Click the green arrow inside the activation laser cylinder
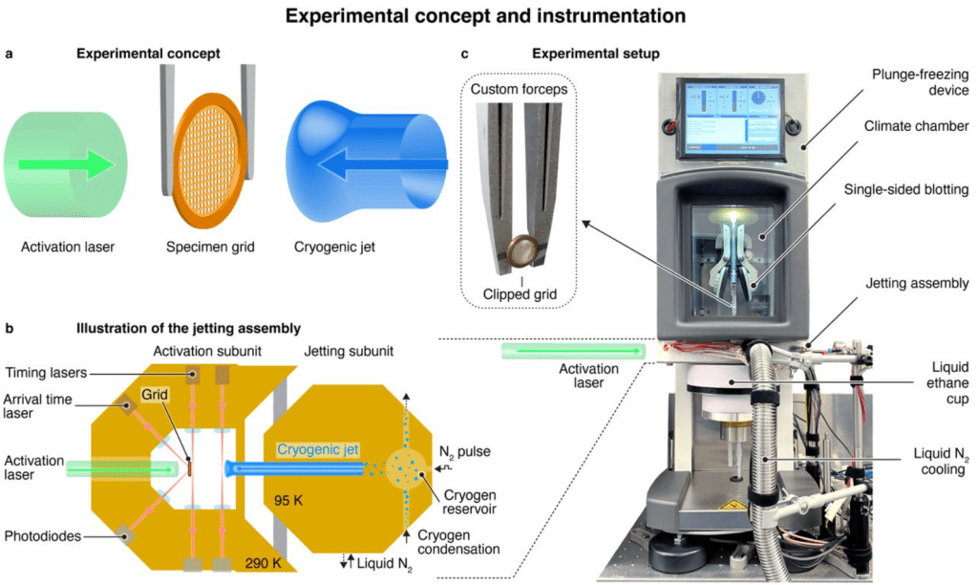pyautogui.click(x=77, y=163)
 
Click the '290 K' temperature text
pyautogui.click(x=262, y=562)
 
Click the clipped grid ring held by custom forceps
pyautogui.click(x=521, y=250)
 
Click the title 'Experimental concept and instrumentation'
pyautogui.click(x=489, y=16)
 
